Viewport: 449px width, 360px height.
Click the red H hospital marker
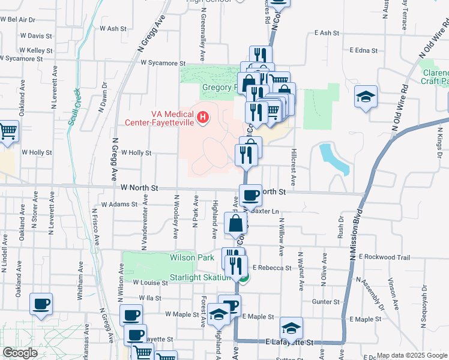click(203, 116)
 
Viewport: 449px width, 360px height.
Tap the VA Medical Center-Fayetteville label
click(158, 118)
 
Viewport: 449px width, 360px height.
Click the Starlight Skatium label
click(200, 277)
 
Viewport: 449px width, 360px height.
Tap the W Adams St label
click(119, 205)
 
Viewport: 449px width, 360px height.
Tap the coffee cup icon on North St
click(250, 194)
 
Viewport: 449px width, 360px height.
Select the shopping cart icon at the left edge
click(8, 130)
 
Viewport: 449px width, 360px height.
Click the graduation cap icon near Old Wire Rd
click(365, 97)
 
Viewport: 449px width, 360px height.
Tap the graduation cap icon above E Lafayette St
click(291, 328)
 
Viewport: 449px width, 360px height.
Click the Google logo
click(20, 353)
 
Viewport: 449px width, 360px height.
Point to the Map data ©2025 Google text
click(411, 355)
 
